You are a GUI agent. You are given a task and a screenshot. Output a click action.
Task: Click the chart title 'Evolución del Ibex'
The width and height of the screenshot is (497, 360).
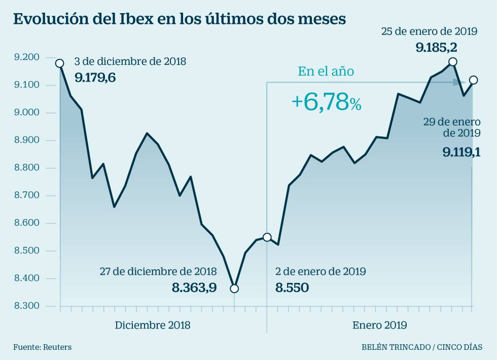180,19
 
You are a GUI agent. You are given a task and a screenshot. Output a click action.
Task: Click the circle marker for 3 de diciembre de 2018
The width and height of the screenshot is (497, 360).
60,63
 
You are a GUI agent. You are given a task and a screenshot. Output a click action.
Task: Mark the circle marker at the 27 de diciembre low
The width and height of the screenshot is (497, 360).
234,289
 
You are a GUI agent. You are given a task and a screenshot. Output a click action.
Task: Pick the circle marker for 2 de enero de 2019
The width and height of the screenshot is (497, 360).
267,237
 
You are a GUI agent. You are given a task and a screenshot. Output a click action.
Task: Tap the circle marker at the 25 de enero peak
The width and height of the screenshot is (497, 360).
453,62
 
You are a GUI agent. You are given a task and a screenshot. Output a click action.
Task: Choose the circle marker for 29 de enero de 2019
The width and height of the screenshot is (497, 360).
474,80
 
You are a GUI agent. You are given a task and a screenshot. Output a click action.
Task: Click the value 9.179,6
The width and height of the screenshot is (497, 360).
95,78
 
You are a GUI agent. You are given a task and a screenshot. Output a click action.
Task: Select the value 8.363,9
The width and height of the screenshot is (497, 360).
194,288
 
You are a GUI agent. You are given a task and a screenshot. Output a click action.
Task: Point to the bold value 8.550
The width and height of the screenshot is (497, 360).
292,288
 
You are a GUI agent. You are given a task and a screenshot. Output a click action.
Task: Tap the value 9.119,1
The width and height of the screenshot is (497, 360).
461,152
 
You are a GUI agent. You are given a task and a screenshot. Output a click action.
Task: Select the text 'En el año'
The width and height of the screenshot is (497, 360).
326,71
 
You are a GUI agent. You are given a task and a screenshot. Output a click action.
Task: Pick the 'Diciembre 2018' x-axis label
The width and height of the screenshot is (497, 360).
153,325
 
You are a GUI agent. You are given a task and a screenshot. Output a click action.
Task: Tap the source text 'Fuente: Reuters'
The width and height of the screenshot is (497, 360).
43,347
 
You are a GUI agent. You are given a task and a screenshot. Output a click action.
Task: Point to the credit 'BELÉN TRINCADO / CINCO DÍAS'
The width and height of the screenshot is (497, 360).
422,347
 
